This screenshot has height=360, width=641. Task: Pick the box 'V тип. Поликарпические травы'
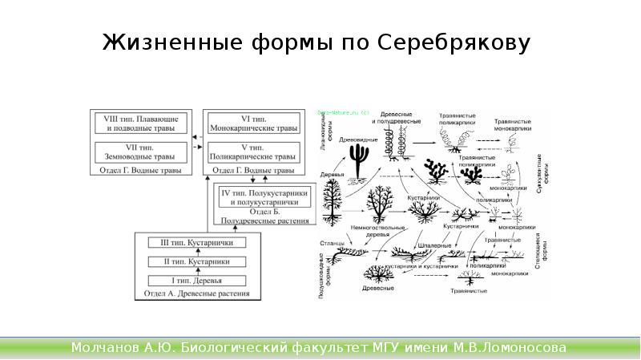point(252,152)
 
